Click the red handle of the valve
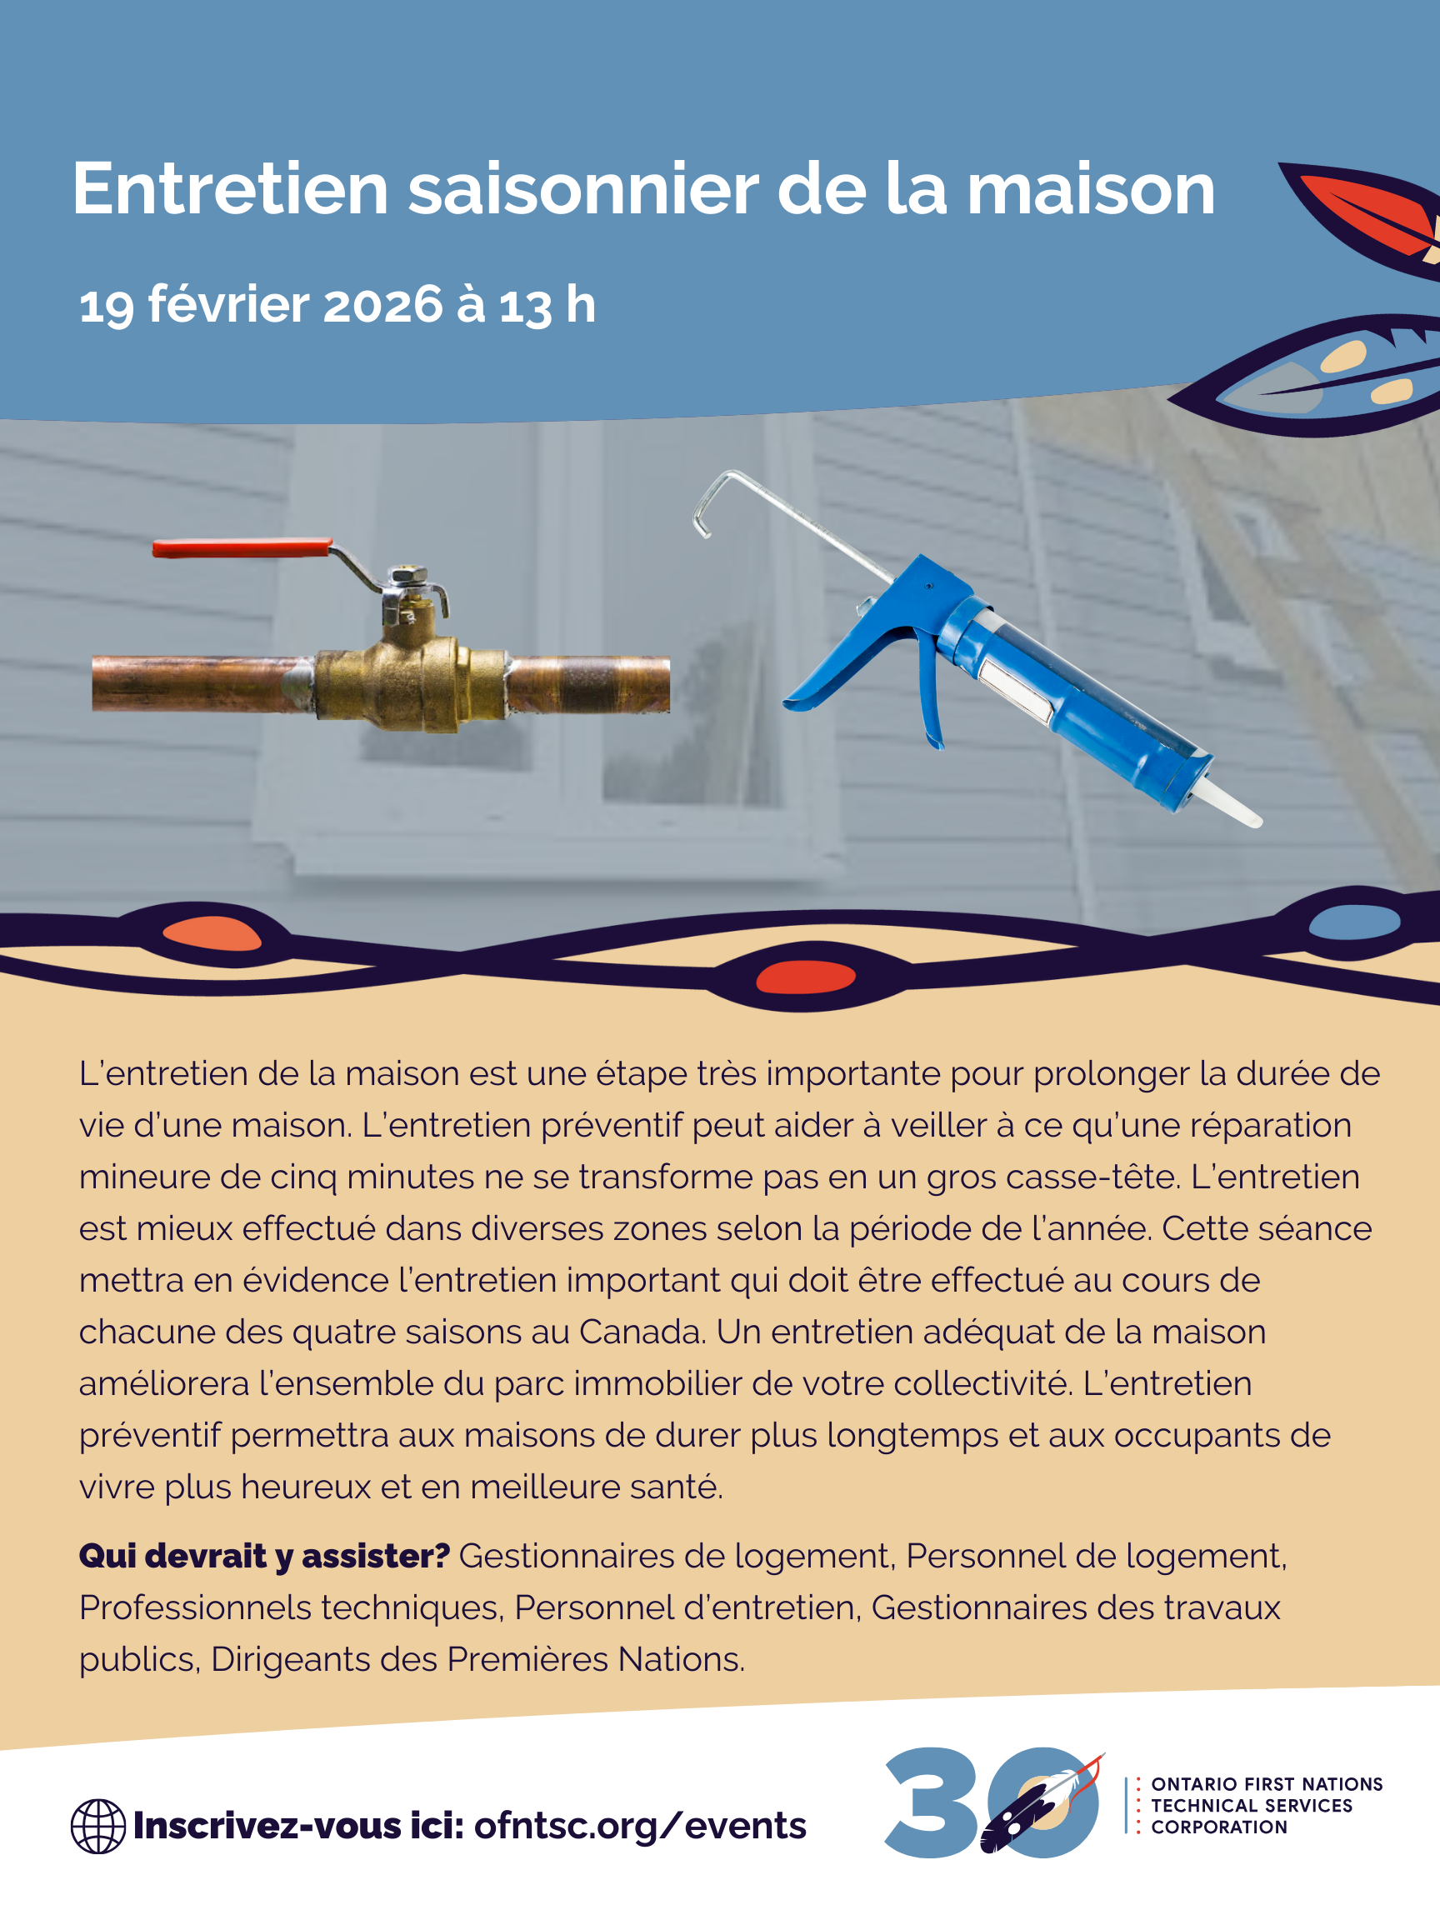(x=242, y=547)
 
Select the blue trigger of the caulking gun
(x=929, y=694)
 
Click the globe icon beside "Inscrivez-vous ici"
(x=98, y=1827)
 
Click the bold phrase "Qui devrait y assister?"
(x=264, y=1557)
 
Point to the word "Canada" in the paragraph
(x=641, y=1332)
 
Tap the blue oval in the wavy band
(x=1353, y=922)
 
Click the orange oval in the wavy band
(x=212, y=934)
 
